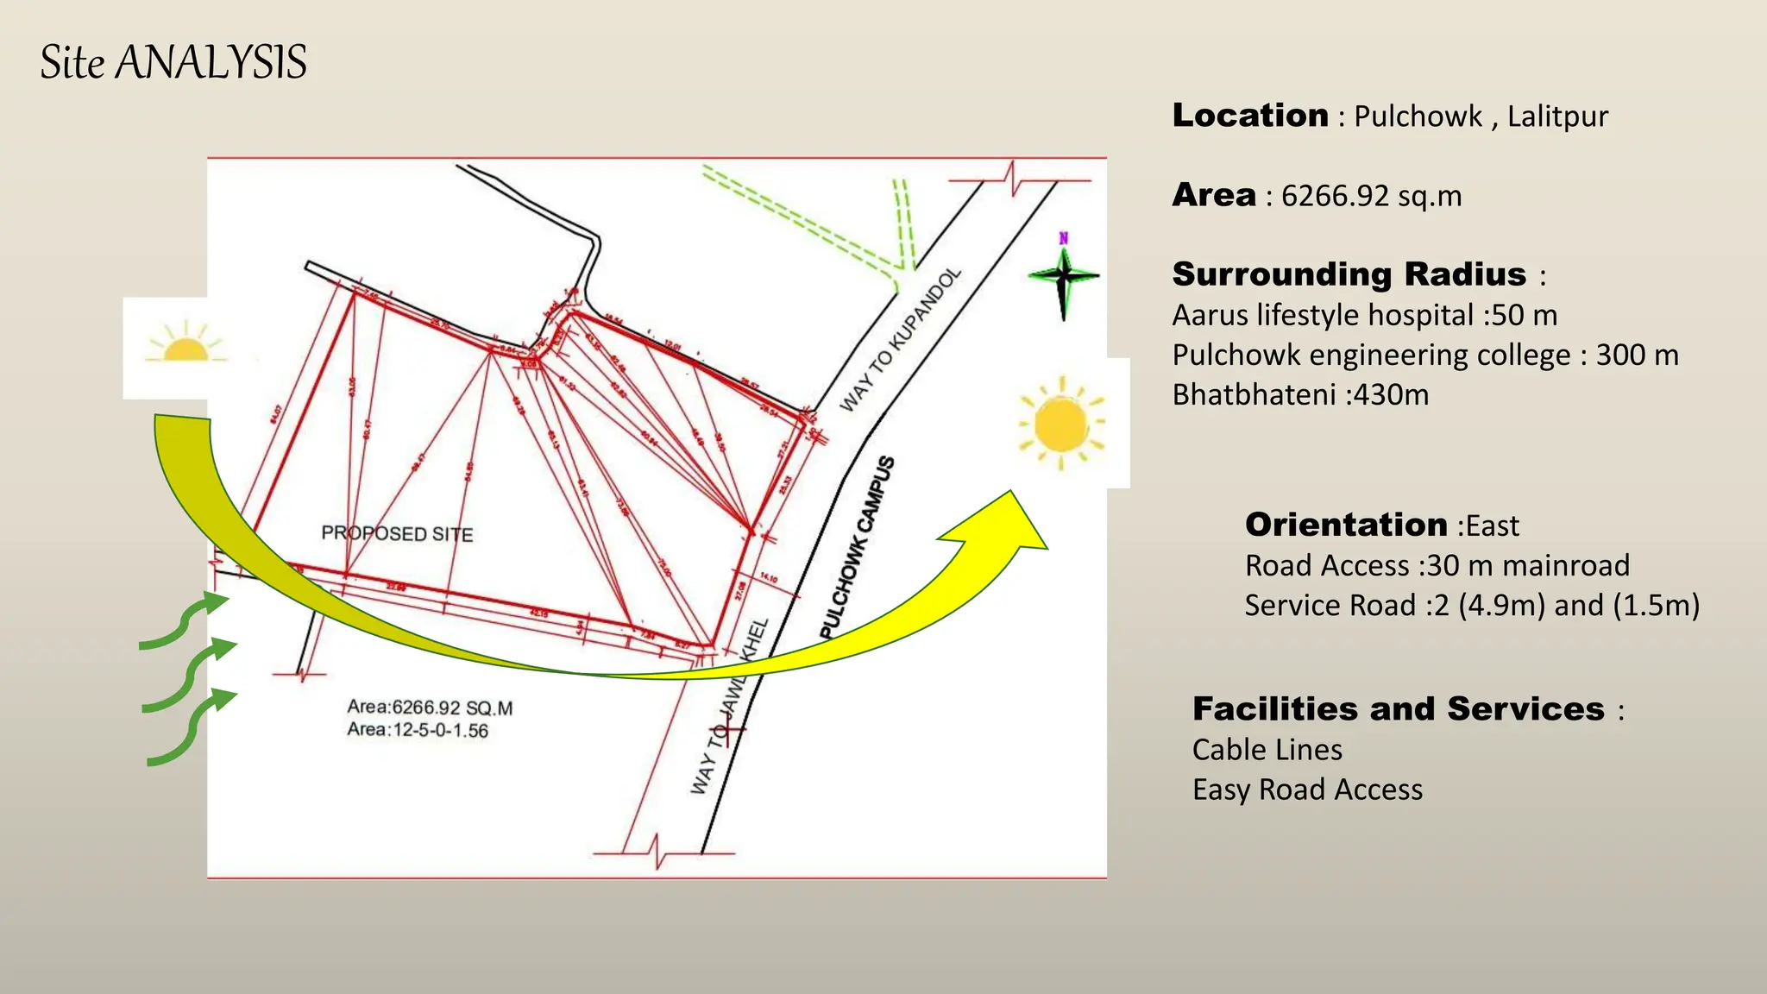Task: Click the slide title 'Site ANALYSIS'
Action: click(173, 62)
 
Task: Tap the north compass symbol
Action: click(1064, 276)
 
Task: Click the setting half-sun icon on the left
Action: click(185, 344)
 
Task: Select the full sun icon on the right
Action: click(1061, 424)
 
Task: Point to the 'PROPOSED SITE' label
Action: click(397, 533)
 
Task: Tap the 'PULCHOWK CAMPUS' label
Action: click(857, 549)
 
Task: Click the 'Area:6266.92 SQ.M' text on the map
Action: click(430, 708)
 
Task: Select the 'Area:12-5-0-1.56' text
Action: click(418, 730)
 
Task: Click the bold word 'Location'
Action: click(1249, 116)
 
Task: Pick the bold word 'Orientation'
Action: click(1345, 525)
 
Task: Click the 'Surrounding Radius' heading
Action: click(1349, 274)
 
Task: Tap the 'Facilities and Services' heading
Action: click(1398, 709)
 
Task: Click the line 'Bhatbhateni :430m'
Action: click(1300, 395)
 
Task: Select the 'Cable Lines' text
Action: click(1267, 750)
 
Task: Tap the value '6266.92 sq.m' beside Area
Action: click(1371, 196)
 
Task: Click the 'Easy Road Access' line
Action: click(1307, 790)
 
